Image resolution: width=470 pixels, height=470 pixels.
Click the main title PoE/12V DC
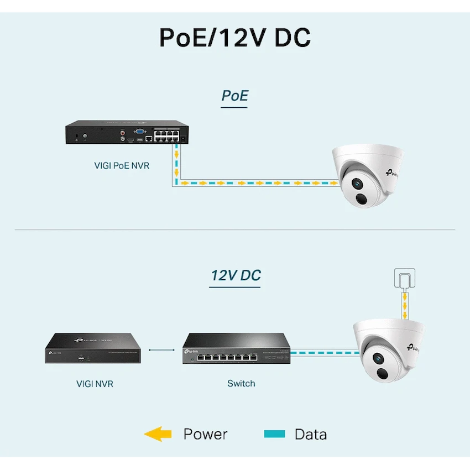pyautogui.click(x=235, y=38)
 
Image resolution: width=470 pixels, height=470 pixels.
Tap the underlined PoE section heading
pyautogui.click(x=234, y=96)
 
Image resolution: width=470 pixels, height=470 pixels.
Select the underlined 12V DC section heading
pyautogui.click(x=236, y=275)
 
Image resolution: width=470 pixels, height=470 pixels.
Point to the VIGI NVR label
pyautogui.click(x=95, y=383)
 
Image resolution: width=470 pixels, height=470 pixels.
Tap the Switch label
pyautogui.click(x=241, y=383)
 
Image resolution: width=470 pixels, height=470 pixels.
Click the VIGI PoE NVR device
pyautogui.click(x=128, y=134)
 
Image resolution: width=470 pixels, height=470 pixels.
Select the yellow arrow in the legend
pyautogui.click(x=158, y=434)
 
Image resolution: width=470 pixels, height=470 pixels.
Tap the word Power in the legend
pyautogui.click(x=205, y=435)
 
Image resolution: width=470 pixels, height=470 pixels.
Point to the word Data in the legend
pyautogui.click(x=310, y=435)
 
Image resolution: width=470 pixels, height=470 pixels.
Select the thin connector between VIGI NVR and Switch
pyautogui.click(x=165, y=349)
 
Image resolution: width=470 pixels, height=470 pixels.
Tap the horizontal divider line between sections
pyautogui.click(x=235, y=229)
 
